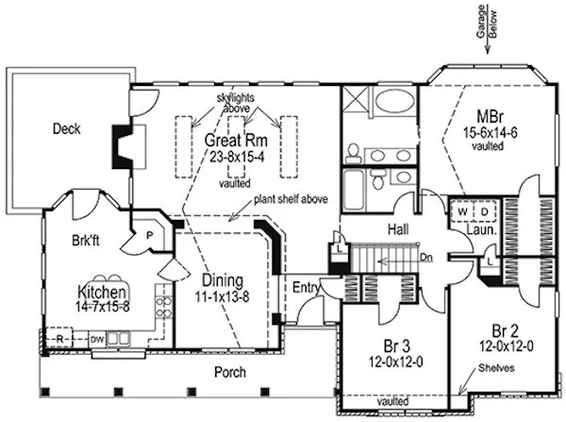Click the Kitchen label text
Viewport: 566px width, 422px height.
(x=102, y=292)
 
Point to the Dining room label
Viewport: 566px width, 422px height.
(x=222, y=280)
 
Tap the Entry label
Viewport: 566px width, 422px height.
(x=305, y=287)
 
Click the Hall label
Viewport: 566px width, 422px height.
(x=386, y=229)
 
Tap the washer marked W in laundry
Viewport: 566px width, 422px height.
(x=462, y=211)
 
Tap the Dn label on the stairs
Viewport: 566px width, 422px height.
(x=426, y=256)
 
